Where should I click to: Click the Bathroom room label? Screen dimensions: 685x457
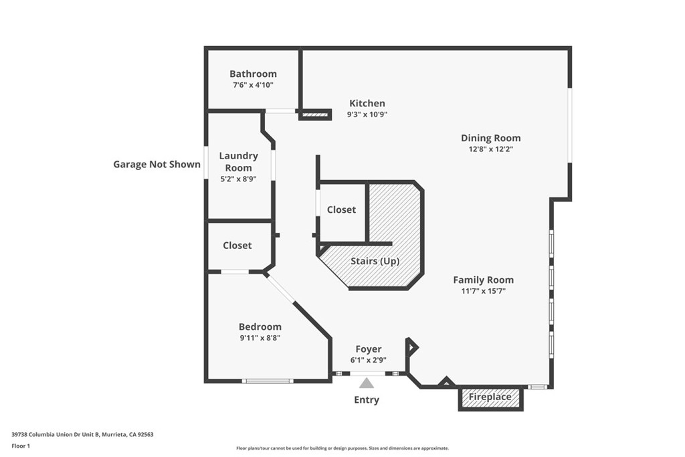[x=253, y=74]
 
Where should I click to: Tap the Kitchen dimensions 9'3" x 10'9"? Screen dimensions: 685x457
[x=367, y=114]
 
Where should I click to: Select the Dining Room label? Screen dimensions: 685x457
[x=490, y=138]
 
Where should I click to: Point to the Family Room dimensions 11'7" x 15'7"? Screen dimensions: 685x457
[x=483, y=291]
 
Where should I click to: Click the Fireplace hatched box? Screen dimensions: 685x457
[x=490, y=397]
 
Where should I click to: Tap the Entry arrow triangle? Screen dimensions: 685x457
[x=367, y=383]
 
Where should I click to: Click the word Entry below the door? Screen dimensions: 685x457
[x=367, y=399]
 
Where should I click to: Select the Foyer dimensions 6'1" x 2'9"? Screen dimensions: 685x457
[x=369, y=361]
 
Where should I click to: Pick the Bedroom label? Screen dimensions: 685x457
[x=260, y=327]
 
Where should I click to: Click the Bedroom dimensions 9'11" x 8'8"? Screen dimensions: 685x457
[x=260, y=338]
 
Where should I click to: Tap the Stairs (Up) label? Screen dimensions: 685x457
[x=375, y=261]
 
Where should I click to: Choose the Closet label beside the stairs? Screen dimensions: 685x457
[x=341, y=209]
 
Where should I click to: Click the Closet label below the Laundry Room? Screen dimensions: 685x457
[x=237, y=246]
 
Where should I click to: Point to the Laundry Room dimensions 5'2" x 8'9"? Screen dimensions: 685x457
[x=238, y=179]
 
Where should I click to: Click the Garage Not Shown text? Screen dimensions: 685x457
[x=157, y=165]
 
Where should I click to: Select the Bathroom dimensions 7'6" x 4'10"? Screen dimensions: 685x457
[x=253, y=85]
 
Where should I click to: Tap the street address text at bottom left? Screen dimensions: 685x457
[x=82, y=435]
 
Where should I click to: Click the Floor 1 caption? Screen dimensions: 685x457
[x=21, y=446]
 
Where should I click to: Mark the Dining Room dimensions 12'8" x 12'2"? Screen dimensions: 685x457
[x=490, y=149]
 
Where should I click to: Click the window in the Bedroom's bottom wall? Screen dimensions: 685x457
[x=268, y=381]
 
